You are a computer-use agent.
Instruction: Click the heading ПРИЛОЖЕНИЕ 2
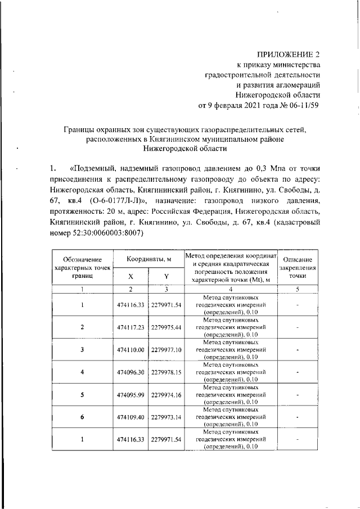point(288,55)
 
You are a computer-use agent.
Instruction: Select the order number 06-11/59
point(300,105)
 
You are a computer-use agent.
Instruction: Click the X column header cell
point(130,276)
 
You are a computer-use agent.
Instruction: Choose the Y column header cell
point(166,276)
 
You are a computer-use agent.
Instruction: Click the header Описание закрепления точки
point(298,268)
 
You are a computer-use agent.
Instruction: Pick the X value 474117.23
point(130,327)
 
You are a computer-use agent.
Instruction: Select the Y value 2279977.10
point(166,349)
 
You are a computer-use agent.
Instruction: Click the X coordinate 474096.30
point(130,372)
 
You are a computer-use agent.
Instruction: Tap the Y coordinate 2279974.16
point(166,394)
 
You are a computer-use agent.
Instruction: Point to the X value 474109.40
point(130,417)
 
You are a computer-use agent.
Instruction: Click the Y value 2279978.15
point(166,372)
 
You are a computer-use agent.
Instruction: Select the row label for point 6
point(82,417)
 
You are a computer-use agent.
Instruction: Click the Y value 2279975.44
point(166,327)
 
